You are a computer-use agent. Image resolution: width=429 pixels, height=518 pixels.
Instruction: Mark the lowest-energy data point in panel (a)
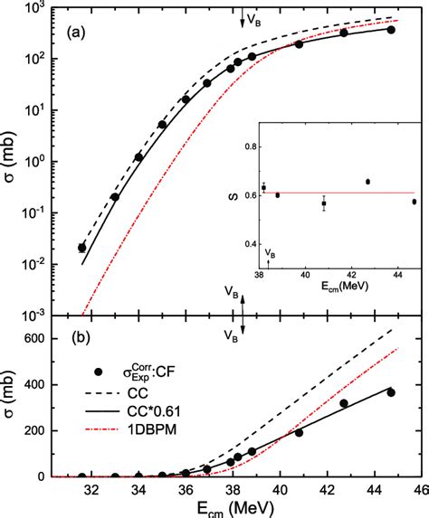pos(82,247)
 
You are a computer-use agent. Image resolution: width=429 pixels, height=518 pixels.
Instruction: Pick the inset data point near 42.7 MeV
pos(367,182)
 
